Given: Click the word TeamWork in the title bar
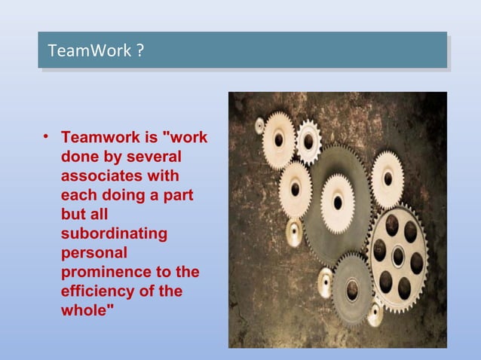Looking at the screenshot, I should (x=89, y=51).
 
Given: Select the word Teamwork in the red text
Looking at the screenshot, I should (x=100, y=139).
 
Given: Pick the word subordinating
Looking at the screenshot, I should (x=114, y=233).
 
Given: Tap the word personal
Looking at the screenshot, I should (x=93, y=252).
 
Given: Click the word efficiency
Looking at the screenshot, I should (x=97, y=290).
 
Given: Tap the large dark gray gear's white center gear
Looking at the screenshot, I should (x=338, y=202).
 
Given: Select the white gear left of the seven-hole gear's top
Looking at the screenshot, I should (x=388, y=178).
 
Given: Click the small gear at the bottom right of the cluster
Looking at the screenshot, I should (x=375, y=313).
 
